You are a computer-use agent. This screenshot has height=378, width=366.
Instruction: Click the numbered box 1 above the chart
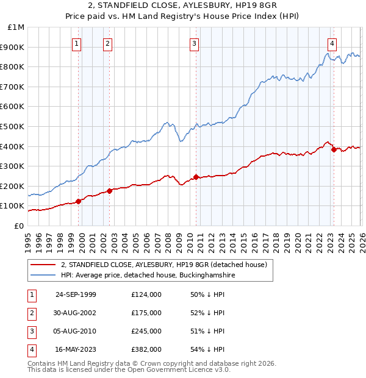(x=77, y=43)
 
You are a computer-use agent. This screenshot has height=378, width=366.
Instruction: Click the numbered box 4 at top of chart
(x=332, y=43)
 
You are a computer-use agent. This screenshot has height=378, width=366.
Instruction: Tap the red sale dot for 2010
(x=196, y=177)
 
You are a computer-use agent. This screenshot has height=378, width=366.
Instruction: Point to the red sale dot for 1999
(x=79, y=201)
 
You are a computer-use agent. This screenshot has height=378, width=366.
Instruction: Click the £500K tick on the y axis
(x=12, y=126)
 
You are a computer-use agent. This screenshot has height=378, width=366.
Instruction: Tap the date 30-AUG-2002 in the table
(x=76, y=313)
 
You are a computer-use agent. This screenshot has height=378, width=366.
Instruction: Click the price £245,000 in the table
(x=146, y=331)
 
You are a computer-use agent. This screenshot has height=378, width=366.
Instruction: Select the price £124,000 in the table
(x=146, y=294)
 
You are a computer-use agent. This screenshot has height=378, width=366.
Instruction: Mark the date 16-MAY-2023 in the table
(x=76, y=349)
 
